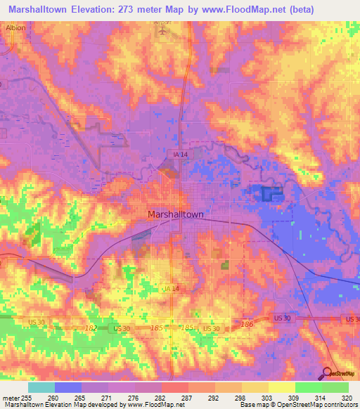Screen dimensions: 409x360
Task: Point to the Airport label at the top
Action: click(163, 22)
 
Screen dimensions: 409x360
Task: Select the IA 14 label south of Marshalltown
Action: click(171, 288)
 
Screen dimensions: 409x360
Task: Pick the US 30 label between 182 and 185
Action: click(121, 328)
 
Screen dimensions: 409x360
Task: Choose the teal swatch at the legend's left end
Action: click(41, 387)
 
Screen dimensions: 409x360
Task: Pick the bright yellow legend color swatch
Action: click(282, 387)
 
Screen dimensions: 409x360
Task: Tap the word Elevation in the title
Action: click(96, 8)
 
